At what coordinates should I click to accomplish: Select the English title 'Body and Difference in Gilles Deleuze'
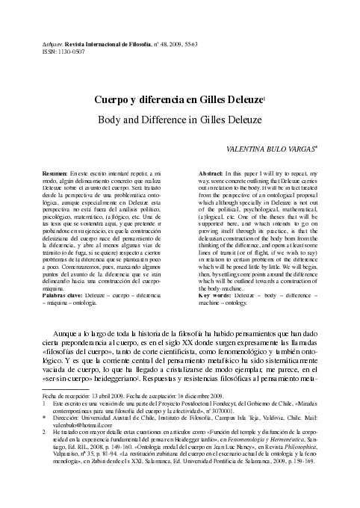(x=180, y=119)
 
